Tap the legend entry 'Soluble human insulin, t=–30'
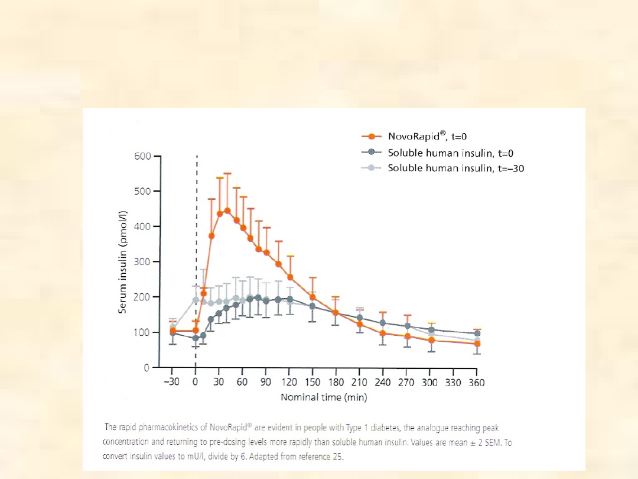point(455,168)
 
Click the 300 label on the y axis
point(142,261)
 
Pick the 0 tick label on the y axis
point(147,368)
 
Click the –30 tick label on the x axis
point(172,383)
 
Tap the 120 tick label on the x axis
point(289,383)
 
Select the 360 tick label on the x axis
point(476,383)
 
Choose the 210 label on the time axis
point(360,383)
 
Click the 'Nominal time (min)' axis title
point(324,397)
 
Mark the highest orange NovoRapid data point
point(227,211)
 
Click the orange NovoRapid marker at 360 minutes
point(477,344)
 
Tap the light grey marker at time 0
point(196,300)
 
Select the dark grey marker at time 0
point(196,338)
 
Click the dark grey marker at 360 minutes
point(477,334)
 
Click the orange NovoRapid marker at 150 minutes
point(313,297)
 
